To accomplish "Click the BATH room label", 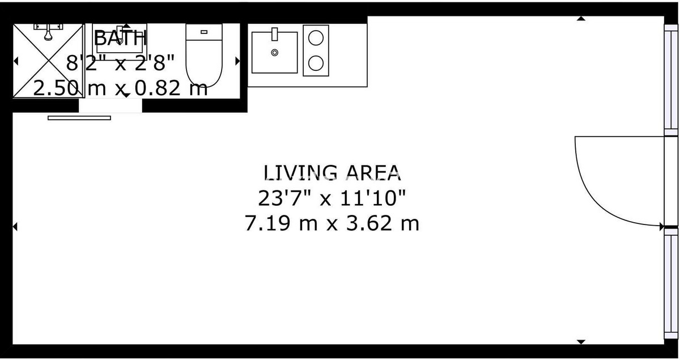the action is (x=121, y=38).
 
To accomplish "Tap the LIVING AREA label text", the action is (x=332, y=172).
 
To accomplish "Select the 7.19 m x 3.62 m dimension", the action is (x=332, y=223).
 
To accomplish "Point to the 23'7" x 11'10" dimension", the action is (x=332, y=198).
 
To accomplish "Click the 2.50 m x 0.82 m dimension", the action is (x=120, y=88).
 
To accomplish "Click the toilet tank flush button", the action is (x=204, y=32).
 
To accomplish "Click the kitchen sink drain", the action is (x=274, y=53).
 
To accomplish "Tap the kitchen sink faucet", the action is (x=274, y=34).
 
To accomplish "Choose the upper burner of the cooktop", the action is (x=316, y=38).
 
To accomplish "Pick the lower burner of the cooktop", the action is (x=316, y=63).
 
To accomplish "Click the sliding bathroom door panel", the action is (x=79, y=118).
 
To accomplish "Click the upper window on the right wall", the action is (x=671, y=80).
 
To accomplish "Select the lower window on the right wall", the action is (x=671, y=283).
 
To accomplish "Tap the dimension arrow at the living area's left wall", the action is (x=15, y=227).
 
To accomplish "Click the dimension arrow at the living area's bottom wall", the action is (x=581, y=342).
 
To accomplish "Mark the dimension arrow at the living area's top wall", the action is (x=581, y=19).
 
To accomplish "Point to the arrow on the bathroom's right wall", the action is (x=237, y=61).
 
